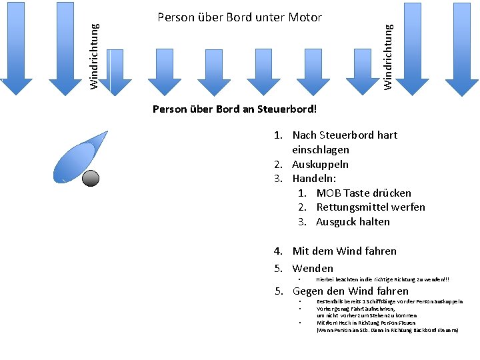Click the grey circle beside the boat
[x=90, y=177]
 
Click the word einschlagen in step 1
[x=321, y=150]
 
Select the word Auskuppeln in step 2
[x=321, y=165]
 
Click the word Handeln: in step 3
[x=315, y=179]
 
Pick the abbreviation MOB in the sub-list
[x=329, y=193]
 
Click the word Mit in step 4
[x=301, y=251]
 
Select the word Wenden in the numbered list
[x=313, y=269]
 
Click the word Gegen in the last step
[x=308, y=291]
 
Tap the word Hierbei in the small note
[x=326, y=279]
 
